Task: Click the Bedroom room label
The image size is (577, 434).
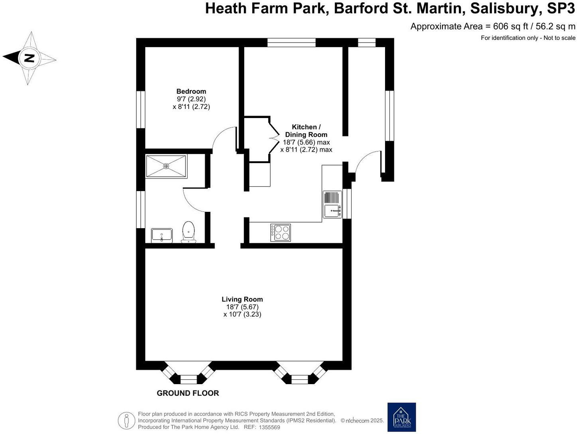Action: click(191, 91)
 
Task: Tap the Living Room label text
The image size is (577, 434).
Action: click(242, 299)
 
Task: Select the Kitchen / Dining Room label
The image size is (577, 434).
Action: click(306, 131)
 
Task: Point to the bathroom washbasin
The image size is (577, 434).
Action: click(162, 235)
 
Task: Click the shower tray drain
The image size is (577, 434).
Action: click(166, 166)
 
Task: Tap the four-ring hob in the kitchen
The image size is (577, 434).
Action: click(281, 233)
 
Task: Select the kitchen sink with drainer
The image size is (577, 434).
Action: click(332, 204)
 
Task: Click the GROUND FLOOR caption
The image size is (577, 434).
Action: click(188, 393)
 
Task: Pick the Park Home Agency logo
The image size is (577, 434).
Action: click(402, 417)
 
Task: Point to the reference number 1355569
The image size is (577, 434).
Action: click(269, 428)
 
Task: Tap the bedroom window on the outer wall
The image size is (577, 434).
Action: click(141, 110)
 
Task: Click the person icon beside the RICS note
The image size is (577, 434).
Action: click(126, 420)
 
